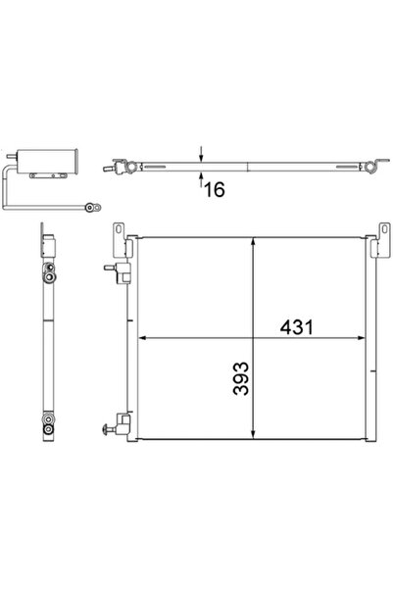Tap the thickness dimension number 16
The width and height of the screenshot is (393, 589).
point(214,188)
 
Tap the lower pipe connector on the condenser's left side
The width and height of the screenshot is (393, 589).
point(117,423)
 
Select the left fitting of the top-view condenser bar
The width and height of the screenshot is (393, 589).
point(124,168)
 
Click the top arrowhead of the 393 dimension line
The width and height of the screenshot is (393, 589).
point(255,242)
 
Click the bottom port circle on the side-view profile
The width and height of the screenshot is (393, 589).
point(45,423)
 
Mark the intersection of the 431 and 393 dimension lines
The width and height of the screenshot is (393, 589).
point(255,337)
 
